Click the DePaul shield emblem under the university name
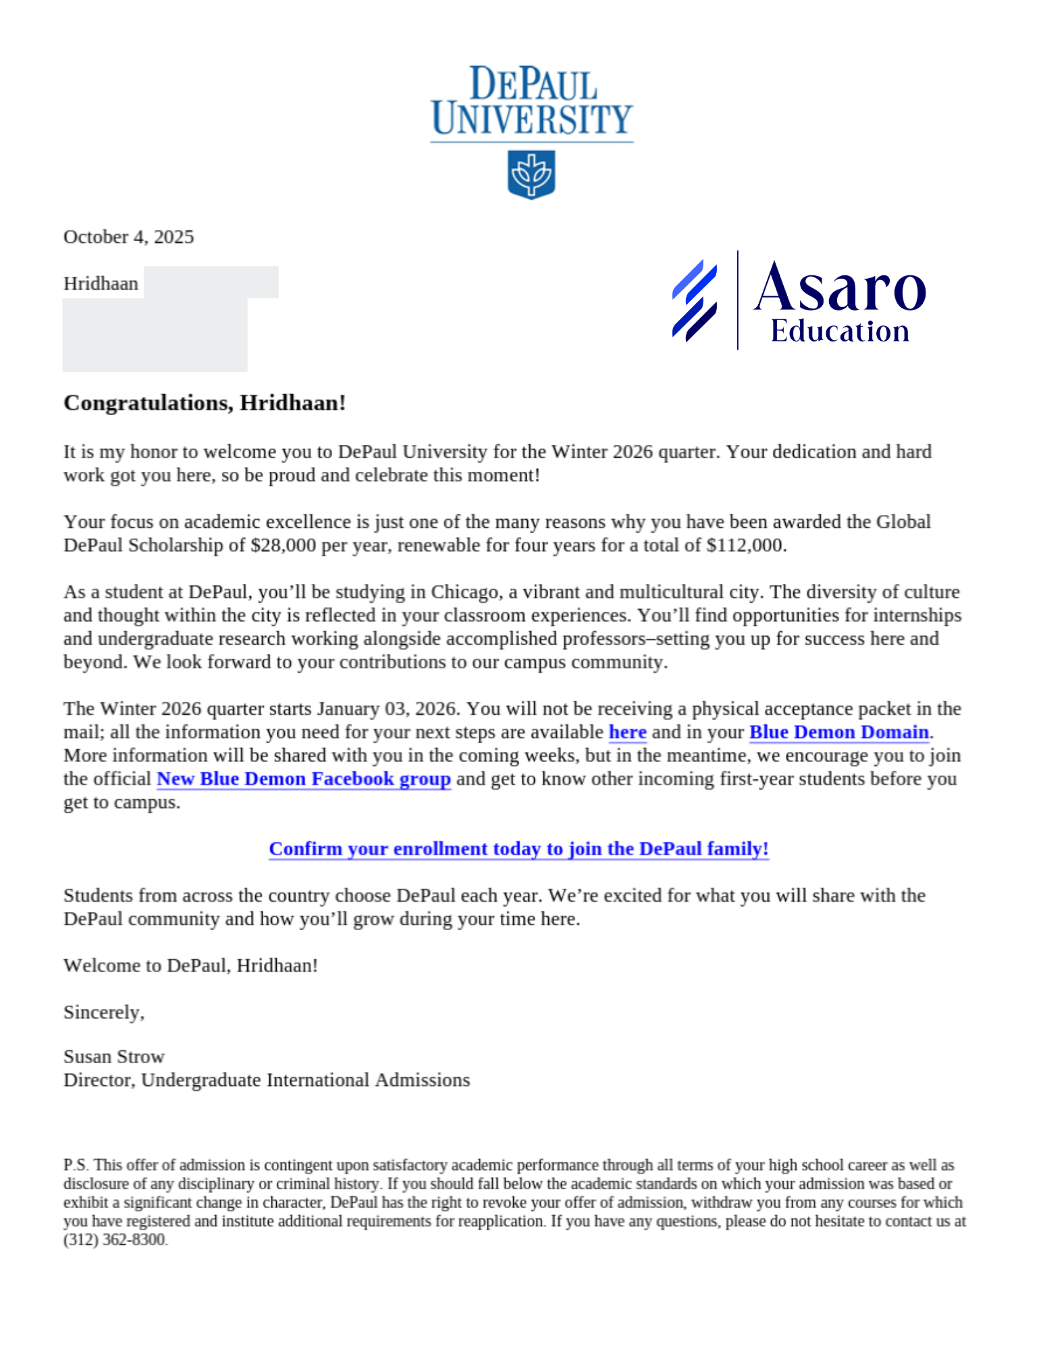pos(531,174)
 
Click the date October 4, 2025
pos(128,237)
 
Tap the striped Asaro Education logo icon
pos(694,300)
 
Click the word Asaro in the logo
pos(839,288)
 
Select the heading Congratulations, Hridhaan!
pos(205,403)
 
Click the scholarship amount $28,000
pos(283,545)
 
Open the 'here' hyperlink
pos(627,732)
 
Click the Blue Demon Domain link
pos(838,732)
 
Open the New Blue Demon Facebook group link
pos(303,779)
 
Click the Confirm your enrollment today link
pos(518,849)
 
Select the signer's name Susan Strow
pos(114,1056)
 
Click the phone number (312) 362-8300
pos(114,1240)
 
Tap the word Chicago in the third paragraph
pos(465,592)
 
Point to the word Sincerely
pos(103,1013)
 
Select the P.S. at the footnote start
pos(76,1165)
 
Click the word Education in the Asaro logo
pos(840,331)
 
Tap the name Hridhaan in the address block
pos(101,283)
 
